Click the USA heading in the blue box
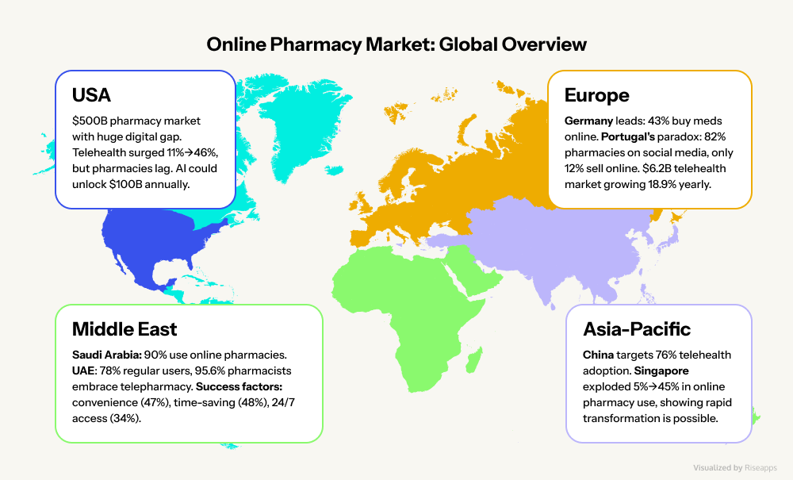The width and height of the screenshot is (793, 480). (91, 96)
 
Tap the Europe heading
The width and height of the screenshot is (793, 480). (596, 96)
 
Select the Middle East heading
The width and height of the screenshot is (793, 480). (125, 328)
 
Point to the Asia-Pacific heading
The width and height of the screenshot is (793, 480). (637, 328)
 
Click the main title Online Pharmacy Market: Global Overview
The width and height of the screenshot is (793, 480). (396, 44)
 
